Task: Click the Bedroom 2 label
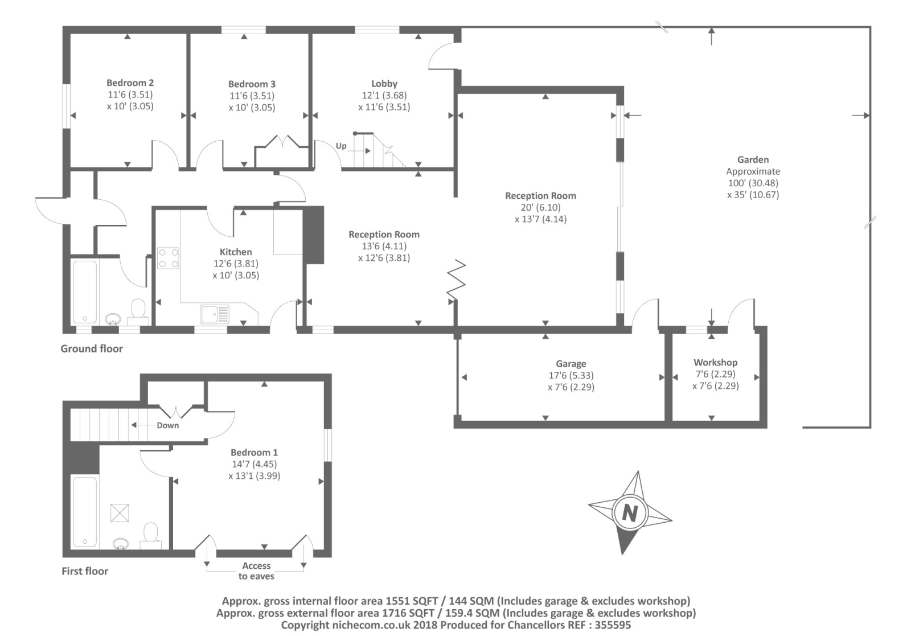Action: [x=130, y=83]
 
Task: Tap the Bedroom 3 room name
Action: [x=252, y=84]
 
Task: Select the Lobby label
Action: [x=384, y=84]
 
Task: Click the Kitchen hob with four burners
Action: [x=168, y=258]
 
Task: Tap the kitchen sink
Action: [x=214, y=314]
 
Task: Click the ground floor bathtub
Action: [x=85, y=292]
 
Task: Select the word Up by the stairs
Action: [x=341, y=146]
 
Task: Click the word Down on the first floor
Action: [x=168, y=425]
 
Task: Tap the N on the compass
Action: [x=629, y=513]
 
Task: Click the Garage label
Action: [x=571, y=364]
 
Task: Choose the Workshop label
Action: [x=715, y=363]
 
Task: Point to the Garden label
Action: [x=753, y=160]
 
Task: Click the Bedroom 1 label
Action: [x=254, y=453]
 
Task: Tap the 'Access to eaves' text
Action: [x=256, y=571]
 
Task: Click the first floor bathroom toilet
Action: [x=151, y=534]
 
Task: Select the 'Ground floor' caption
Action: [x=92, y=348]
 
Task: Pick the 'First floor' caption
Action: [x=85, y=571]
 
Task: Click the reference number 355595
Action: [x=612, y=625]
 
